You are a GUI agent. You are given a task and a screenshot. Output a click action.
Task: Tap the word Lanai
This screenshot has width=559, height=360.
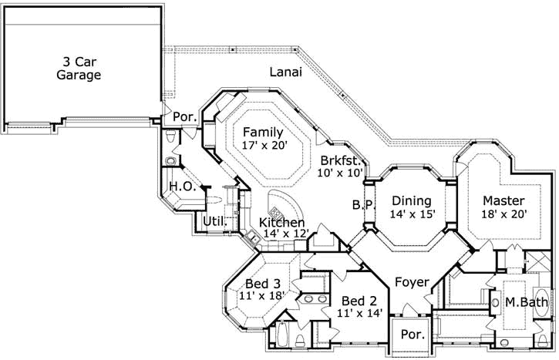pyautogui.click(x=285, y=72)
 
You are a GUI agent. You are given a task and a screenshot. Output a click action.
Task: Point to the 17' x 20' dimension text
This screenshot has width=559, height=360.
pyautogui.click(x=263, y=145)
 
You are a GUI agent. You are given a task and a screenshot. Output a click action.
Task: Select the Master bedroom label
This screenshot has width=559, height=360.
pyautogui.click(x=504, y=200)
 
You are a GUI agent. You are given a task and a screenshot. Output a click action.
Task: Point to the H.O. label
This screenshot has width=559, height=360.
pyautogui.click(x=182, y=187)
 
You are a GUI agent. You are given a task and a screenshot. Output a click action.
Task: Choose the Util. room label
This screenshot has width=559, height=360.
pyautogui.click(x=214, y=222)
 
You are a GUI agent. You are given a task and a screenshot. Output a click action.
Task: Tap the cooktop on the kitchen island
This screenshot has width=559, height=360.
pyautogui.click(x=276, y=211)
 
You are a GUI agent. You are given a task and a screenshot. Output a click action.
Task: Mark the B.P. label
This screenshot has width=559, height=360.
pyautogui.click(x=362, y=205)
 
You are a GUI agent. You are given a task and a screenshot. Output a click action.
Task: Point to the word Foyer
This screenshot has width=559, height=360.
pyautogui.click(x=412, y=282)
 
